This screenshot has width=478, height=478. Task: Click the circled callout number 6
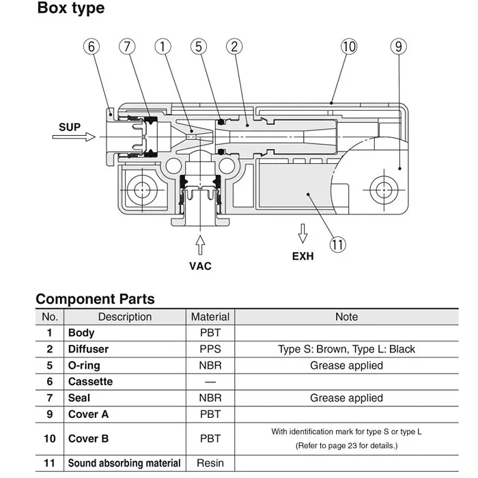click(x=92, y=47)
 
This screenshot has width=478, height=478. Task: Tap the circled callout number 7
click(x=127, y=47)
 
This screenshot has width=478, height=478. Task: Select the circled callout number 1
click(x=163, y=47)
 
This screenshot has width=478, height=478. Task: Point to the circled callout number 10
click(x=349, y=47)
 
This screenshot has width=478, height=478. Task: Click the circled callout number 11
click(x=337, y=244)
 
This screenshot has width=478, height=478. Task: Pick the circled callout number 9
click(x=398, y=47)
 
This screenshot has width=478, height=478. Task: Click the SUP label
click(x=70, y=127)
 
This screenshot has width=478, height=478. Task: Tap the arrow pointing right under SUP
click(x=74, y=137)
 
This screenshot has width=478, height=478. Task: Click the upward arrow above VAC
click(x=200, y=244)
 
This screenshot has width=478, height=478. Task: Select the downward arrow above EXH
click(x=302, y=234)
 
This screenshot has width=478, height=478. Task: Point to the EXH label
click(x=303, y=257)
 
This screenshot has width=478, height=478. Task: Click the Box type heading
click(x=70, y=9)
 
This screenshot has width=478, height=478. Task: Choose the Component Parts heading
click(x=95, y=299)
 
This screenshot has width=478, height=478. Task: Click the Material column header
click(x=210, y=317)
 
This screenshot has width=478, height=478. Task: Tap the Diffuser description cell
click(x=88, y=349)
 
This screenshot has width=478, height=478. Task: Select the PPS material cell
click(x=210, y=349)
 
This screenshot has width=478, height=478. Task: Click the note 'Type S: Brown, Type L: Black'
click(x=346, y=349)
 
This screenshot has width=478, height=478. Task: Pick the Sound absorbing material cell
click(x=124, y=463)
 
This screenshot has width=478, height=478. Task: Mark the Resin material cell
click(x=210, y=463)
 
